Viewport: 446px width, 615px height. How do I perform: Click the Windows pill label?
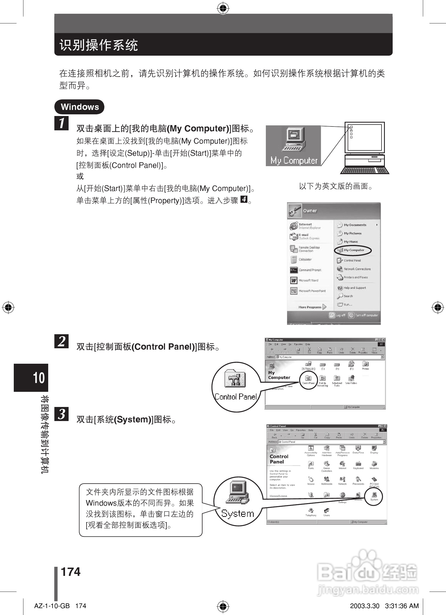(x=79, y=107)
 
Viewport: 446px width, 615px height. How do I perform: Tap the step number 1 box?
(x=62, y=123)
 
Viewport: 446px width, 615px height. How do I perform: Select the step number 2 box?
(x=62, y=341)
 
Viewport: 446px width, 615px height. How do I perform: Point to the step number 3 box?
(x=62, y=414)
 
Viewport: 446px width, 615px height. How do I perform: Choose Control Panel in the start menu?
(x=352, y=260)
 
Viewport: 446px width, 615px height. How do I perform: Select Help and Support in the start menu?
(x=354, y=288)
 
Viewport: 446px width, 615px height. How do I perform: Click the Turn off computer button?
(x=363, y=315)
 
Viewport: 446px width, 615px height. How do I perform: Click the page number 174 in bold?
(x=71, y=571)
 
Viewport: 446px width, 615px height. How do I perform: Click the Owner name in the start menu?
(x=310, y=211)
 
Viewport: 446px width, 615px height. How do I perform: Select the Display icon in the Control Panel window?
(x=374, y=449)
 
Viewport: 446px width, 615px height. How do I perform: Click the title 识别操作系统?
(x=99, y=45)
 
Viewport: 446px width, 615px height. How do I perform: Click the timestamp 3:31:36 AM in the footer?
(x=402, y=606)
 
